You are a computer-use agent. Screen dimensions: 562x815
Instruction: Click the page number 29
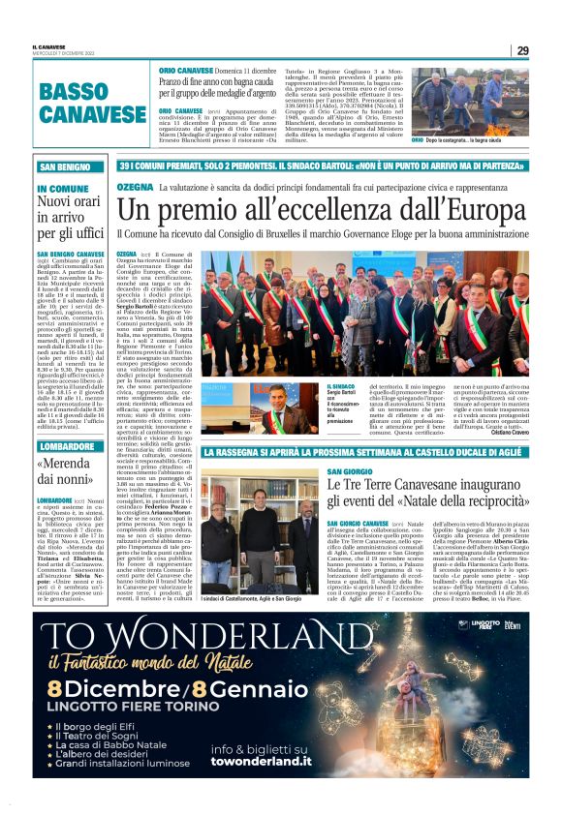(x=522, y=50)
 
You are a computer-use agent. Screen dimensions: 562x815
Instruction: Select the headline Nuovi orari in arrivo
(x=70, y=218)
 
